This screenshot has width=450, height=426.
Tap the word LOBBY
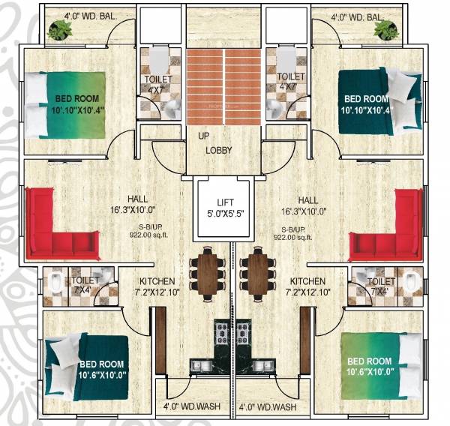point(219,150)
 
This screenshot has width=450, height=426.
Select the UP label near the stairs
point(202,136)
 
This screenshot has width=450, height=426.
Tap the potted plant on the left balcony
point(58,29)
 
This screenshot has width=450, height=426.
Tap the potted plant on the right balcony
point(386,29)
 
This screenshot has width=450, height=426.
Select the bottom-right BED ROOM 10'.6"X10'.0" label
point(369,366)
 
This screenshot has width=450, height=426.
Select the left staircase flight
point(204,86)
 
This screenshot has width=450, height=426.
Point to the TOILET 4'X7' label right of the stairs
point(290,82)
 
